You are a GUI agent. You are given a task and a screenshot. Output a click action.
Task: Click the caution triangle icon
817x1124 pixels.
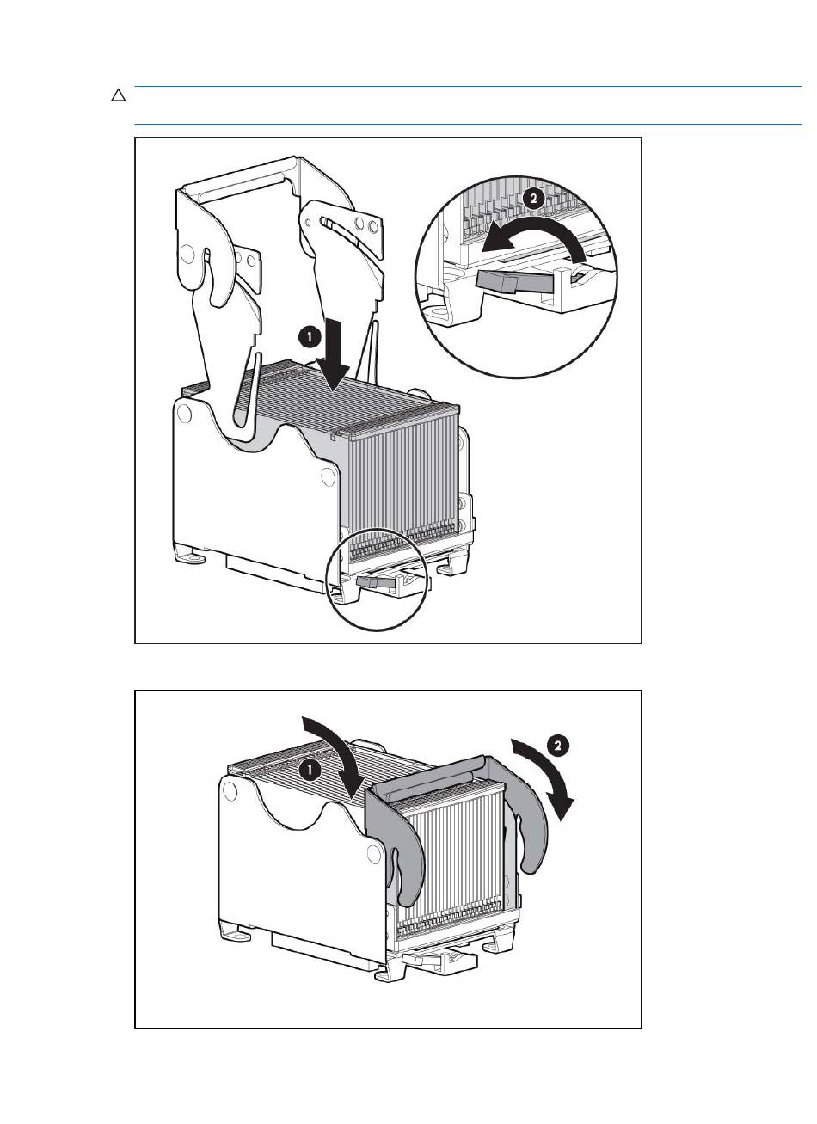click(x=119, y=95)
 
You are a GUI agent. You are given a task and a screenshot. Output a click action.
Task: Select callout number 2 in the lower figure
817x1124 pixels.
click(x=557, y=746)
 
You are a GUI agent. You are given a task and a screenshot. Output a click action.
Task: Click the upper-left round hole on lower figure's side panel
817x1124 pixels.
click(x=230, y=789)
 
